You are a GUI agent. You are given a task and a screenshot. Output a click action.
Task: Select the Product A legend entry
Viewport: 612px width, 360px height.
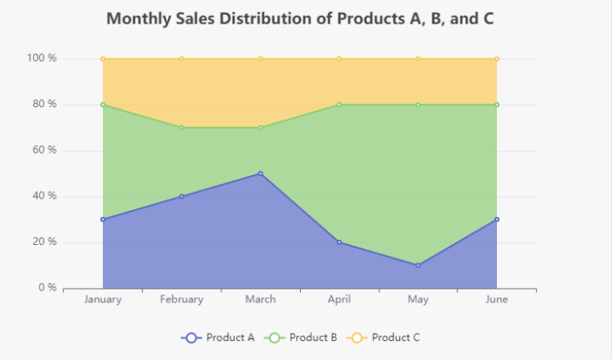218,337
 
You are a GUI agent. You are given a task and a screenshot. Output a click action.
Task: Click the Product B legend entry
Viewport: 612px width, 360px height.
301,337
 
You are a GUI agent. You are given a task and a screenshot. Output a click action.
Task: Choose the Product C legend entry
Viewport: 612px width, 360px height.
384,337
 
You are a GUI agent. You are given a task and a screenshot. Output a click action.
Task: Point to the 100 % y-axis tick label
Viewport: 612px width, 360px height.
41,58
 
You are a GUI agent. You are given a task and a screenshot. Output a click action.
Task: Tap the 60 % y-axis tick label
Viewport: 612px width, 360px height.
44,150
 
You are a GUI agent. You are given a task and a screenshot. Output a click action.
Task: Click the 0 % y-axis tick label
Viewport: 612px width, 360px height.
46,288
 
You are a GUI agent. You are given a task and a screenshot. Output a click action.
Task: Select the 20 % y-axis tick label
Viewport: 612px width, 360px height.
44,241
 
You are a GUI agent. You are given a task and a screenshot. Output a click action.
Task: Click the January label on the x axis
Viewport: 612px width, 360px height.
103,300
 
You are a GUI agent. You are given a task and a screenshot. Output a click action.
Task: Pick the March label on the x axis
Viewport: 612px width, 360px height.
261,300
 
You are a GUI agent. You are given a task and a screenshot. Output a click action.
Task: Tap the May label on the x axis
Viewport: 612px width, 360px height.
418,300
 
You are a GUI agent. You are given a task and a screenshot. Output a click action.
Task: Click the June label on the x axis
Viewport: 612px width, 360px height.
497,300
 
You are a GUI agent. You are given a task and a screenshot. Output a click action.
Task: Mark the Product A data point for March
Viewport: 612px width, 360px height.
261,173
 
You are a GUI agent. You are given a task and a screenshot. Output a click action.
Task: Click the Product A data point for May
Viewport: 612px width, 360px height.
418,265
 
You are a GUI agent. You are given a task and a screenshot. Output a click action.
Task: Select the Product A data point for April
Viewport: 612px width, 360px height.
339,242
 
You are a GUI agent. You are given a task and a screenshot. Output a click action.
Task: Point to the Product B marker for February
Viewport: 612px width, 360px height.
181,127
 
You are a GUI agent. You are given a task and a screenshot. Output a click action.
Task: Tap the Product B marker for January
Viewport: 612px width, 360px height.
103,105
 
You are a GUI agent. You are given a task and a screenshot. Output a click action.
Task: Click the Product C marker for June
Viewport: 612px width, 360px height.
497,59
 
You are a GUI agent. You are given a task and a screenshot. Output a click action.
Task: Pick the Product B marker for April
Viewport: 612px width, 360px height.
339,105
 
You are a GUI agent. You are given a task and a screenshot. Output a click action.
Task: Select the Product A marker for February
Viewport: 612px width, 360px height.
181,196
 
